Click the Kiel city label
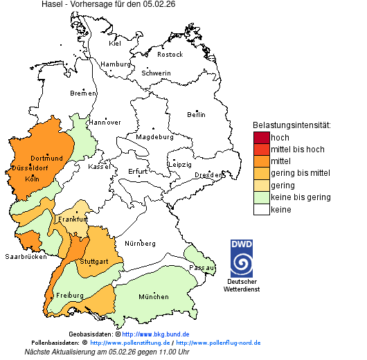tap(115, 44)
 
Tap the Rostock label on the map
tap(170, 55)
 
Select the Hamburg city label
tap(116, 64)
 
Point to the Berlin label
tap(196, 114)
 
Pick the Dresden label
tap(208, 175)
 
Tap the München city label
tap(153, 297)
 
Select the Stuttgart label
tap(94, 262)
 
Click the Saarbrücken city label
tap(25, 256)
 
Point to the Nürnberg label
tap(140, 244)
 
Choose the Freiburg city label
tap(70, 296)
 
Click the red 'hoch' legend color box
tap(261, 138)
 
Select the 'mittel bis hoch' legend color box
tap(261, 150)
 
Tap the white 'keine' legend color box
tap(261, 209)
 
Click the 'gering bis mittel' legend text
tap(300, 173)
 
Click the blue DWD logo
tap(242, 258)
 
